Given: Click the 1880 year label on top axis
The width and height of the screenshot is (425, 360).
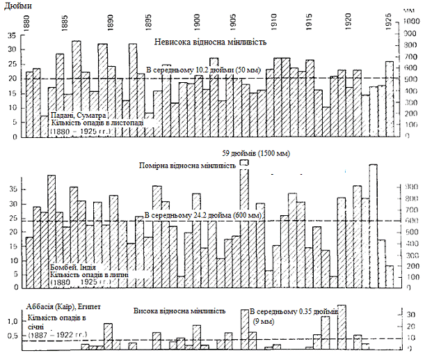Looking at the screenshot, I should point(27,21).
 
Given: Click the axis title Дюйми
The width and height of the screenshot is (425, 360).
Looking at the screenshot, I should point(16,5).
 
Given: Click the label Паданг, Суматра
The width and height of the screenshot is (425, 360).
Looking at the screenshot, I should point(79,116).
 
